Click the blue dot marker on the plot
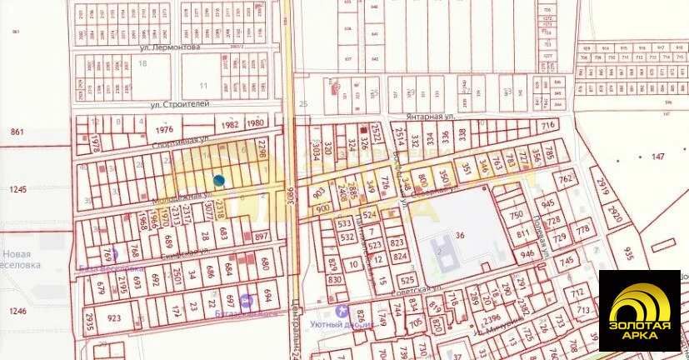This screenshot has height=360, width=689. click(x=218, y=180)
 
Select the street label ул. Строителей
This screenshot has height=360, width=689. click(x=179, y=104)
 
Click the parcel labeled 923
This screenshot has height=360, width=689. click(x=113, y=317)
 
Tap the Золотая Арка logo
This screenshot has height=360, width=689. click(x=640, y=310)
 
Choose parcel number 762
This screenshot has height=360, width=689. click(x=567, y=180)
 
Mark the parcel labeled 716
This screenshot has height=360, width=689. click(x=547, y=125)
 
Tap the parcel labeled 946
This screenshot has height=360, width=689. click(x=527, y=254)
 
